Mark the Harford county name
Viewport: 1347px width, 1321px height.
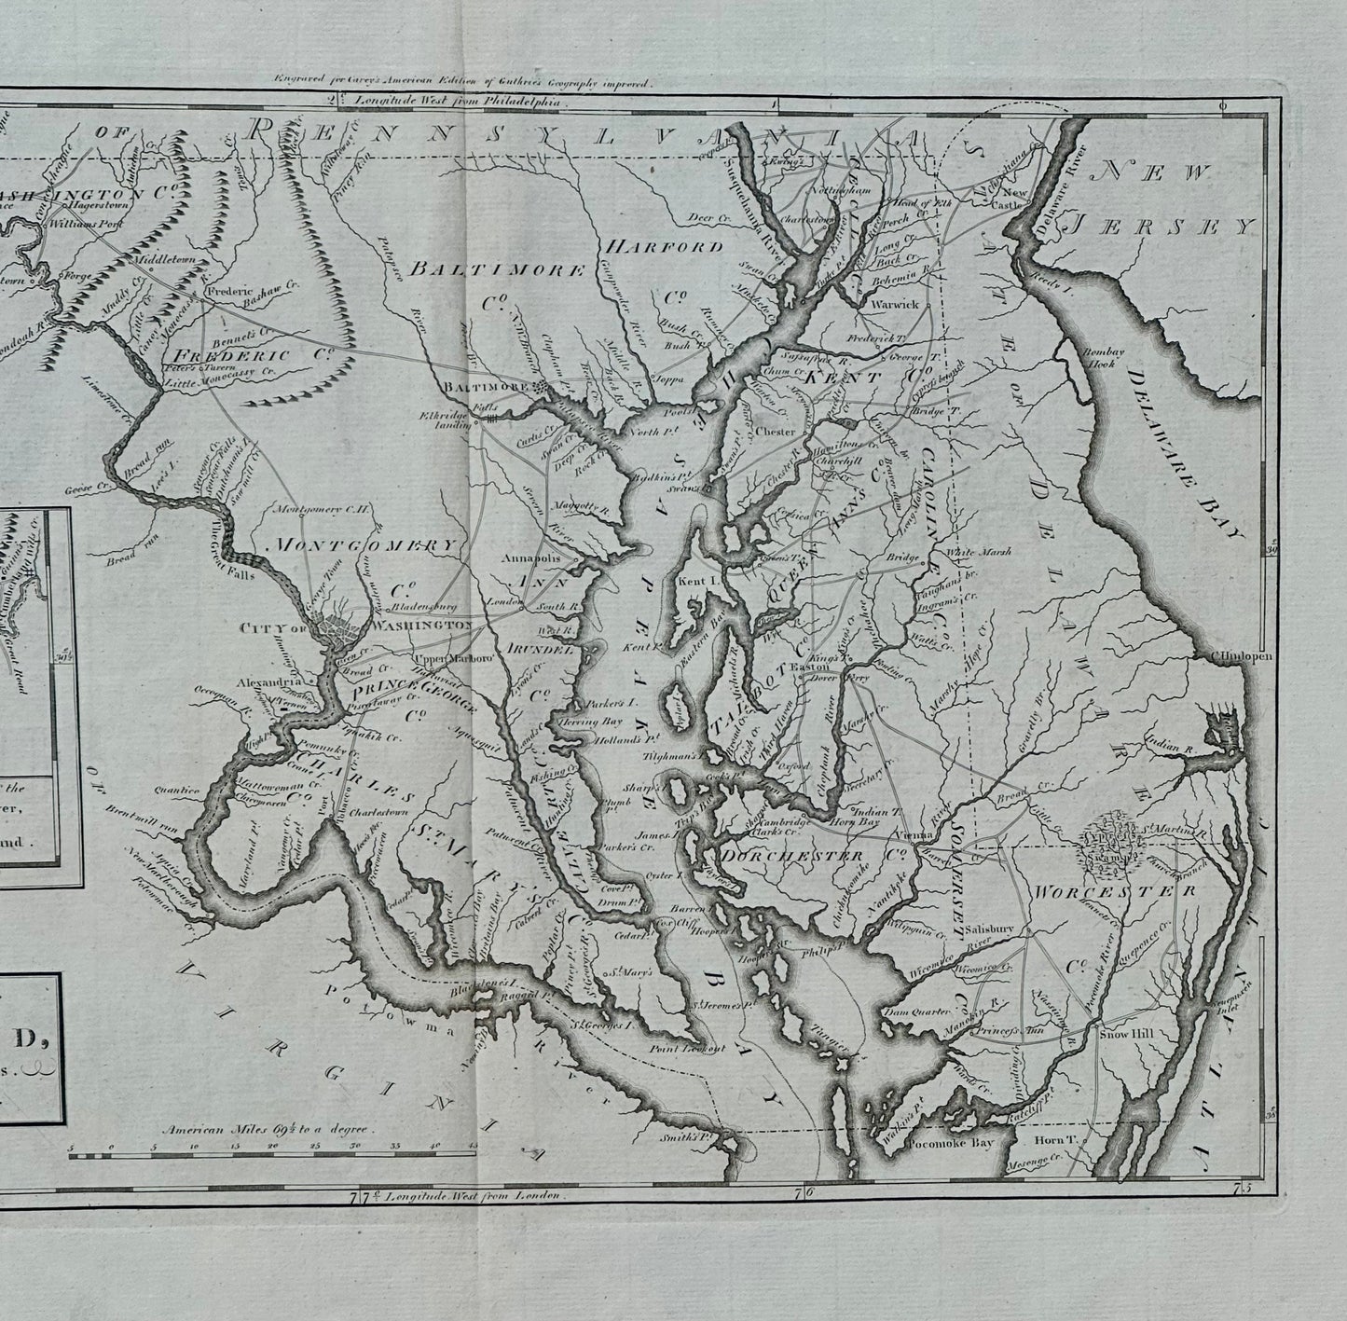(663, 247)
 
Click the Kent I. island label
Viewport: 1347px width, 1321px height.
(692, 581)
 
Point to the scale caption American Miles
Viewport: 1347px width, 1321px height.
(267, 1128)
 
